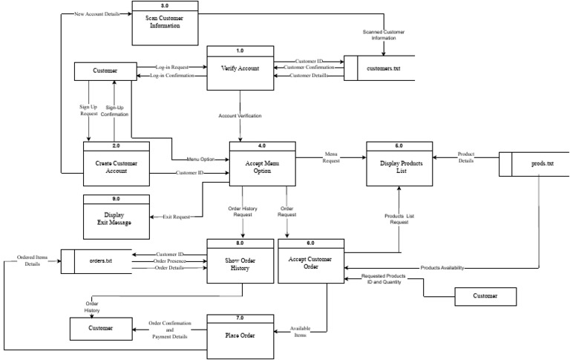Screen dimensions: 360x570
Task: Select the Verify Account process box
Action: pyautogui.click(x=240, y=68)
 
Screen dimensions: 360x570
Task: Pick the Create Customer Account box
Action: pyautogui.click(x=117, y=167)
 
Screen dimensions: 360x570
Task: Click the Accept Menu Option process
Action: pyautogui.click(x=262, y=167)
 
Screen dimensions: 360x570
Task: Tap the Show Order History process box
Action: pyautogui.click(x=240, y=265)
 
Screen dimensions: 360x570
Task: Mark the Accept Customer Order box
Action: pyautogui.click(x=311, y=265)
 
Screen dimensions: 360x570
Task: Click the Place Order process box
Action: pyautogui.click(x=240, y=335)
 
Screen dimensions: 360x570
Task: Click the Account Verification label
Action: pyautogui.click(x=240, y=116)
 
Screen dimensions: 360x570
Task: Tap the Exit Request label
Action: pyautogui.click(x=177, y=217)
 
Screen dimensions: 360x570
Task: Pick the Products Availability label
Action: pyautogui.click(x=442, y=268)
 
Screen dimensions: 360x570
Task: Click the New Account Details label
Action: pyautogui.click(x=96, y=14)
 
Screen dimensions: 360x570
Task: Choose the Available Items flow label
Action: pyautogui.click(x=300, y=332)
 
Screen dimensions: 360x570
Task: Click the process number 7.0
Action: pyautogui.click(x=240, y=318)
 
